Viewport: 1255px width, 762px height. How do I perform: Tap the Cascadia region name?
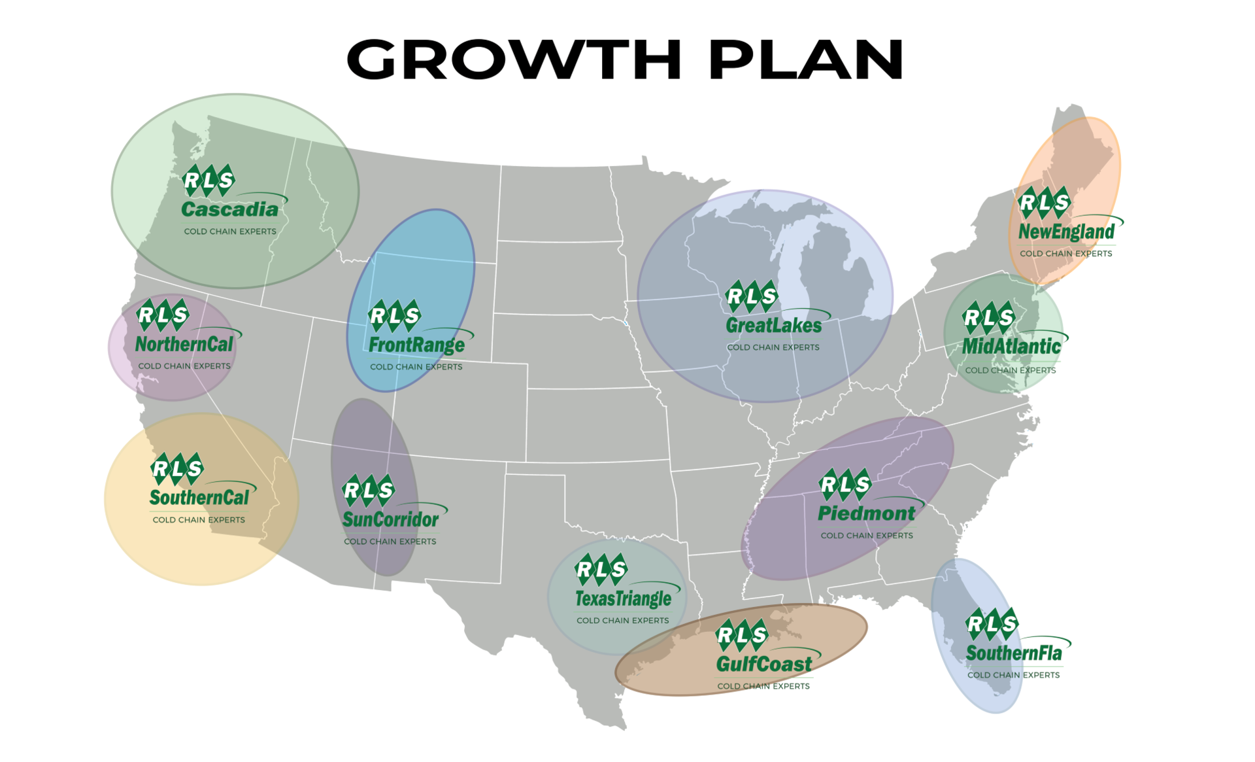[229, 209]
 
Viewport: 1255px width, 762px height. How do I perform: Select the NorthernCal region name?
[184, 344]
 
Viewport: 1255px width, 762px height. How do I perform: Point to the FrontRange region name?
[416, 345]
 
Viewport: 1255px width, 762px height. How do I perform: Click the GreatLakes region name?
[773, 325]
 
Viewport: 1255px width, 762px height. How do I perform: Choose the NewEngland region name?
[1066, 232]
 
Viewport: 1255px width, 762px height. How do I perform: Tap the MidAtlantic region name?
[1011, 347]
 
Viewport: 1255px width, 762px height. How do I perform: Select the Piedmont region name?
[866, 513]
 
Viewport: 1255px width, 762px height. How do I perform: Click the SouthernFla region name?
[1014, 653]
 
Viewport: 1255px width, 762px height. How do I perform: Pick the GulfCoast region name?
[763, 665]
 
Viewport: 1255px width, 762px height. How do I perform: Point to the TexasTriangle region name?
[623, 598]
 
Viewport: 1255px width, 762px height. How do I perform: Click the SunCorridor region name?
[390, 519]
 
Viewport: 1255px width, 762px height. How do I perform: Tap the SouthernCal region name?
[199, 498]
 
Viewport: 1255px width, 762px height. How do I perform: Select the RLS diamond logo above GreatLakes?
[752, 296]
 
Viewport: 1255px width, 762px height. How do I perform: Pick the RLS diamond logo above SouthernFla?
[992, 624]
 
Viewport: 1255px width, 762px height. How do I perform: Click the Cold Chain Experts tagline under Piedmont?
[866, 536]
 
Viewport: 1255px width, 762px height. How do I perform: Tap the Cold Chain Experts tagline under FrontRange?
[416, 367]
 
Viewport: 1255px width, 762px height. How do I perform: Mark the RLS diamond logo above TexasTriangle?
[601, 570]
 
